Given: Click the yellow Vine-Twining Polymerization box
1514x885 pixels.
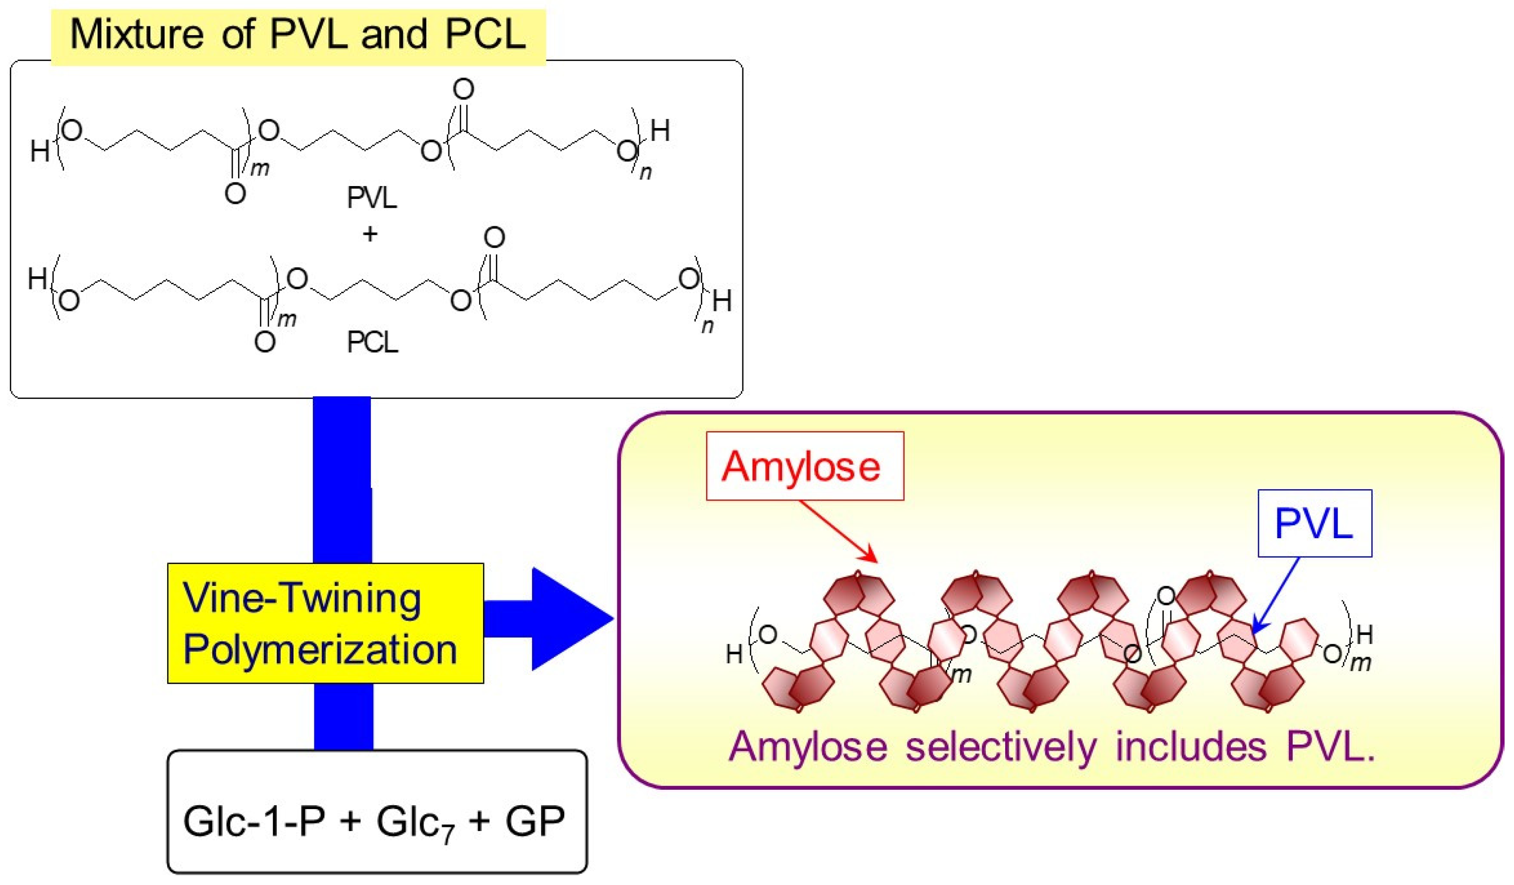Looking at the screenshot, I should click(325, 623).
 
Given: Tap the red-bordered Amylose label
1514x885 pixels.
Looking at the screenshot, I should click(804, 466).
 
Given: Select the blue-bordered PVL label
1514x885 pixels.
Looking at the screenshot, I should click(1315, 523).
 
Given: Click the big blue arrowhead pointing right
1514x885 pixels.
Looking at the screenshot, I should click(568, 619).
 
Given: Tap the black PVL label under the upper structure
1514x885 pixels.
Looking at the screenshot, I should click(372, 197).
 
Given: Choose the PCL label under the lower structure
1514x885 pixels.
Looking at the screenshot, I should click(372, 342).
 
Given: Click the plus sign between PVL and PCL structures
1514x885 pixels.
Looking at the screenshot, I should click(370, 234).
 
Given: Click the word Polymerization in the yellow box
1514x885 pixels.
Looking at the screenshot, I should click(320, 650).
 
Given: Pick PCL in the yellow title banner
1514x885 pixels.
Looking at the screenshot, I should click(485, 34).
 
